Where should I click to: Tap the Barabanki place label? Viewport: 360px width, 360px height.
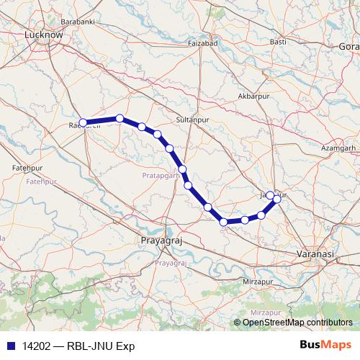click(78, 22)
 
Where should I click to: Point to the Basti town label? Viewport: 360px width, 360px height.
click(278, 42)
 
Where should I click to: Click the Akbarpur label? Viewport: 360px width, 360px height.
click(253, 96)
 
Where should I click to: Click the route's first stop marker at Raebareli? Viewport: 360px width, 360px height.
click(83, 122)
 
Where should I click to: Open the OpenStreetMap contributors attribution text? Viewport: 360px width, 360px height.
click(297, 322)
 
